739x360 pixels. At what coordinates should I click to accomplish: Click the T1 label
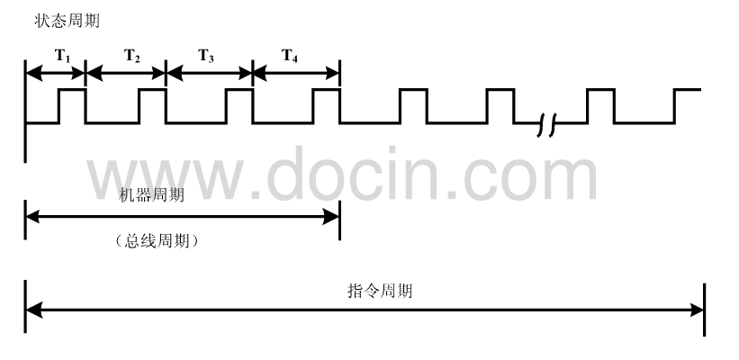pos(61,56)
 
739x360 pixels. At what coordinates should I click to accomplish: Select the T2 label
pos(131,56)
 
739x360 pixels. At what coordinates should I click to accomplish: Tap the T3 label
pos(206,56)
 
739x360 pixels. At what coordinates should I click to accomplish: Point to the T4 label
pos(290,56)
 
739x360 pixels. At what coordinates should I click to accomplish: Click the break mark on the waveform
pos(547,128)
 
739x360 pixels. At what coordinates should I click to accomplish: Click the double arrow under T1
pos(55,72)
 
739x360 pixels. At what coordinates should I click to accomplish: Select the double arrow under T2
pos(126,72)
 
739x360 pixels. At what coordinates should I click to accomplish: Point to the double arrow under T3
pos(210,72)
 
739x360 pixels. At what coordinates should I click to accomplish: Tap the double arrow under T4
pos(296,72)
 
